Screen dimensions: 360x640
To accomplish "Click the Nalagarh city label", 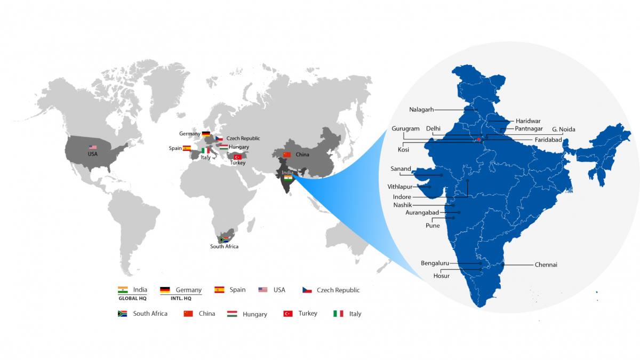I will [421, 110].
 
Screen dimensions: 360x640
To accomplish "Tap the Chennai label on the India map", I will [546, 265].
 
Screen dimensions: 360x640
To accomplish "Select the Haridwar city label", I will [527, 121].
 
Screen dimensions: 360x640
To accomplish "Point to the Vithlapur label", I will [400, 187].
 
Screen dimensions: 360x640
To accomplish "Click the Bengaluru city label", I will [435, 263].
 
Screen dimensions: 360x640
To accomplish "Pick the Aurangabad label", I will [422, 212].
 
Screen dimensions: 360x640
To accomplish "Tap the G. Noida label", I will [563, 129].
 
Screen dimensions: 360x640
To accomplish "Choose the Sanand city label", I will [401, 169].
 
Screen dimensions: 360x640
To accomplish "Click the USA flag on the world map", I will [93, 147].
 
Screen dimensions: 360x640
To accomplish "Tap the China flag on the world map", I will [287, 155].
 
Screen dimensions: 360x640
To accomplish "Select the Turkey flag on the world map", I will [238, 157].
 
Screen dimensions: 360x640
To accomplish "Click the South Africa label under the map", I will [224, 246].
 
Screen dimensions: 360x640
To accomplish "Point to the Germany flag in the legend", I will [165, 290].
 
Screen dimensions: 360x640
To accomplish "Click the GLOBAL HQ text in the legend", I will [132, 299].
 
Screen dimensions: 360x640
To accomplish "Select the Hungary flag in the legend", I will [232, 314].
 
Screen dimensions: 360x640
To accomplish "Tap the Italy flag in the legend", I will [338, 314].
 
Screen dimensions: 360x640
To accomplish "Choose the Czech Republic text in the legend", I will [338, 290].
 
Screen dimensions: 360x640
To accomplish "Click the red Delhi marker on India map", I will [479, 140].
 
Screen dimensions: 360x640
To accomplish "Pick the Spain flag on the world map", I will [187, 148].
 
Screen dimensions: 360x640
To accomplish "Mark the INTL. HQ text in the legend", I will [181, 299].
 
